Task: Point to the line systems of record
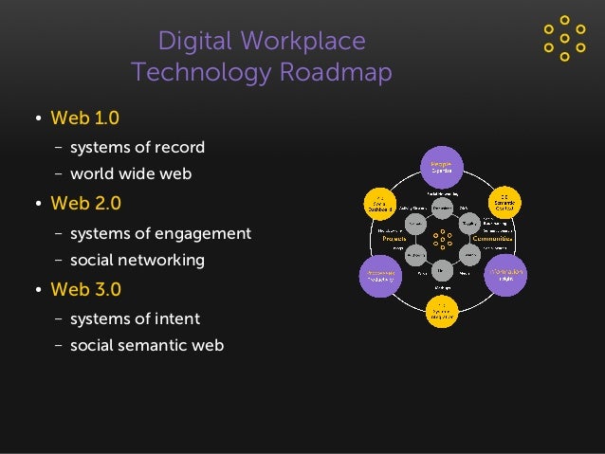click(137, 147)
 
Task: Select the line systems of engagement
click(160, 232)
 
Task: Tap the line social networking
click(137, 260)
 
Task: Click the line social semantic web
click(147, 345)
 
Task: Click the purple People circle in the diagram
click(442, 167)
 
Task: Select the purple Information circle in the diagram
click(507, 274)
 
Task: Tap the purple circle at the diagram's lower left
click(377, 274)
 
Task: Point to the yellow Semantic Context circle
click(506, 203)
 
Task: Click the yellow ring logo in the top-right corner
click(564, 38)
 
